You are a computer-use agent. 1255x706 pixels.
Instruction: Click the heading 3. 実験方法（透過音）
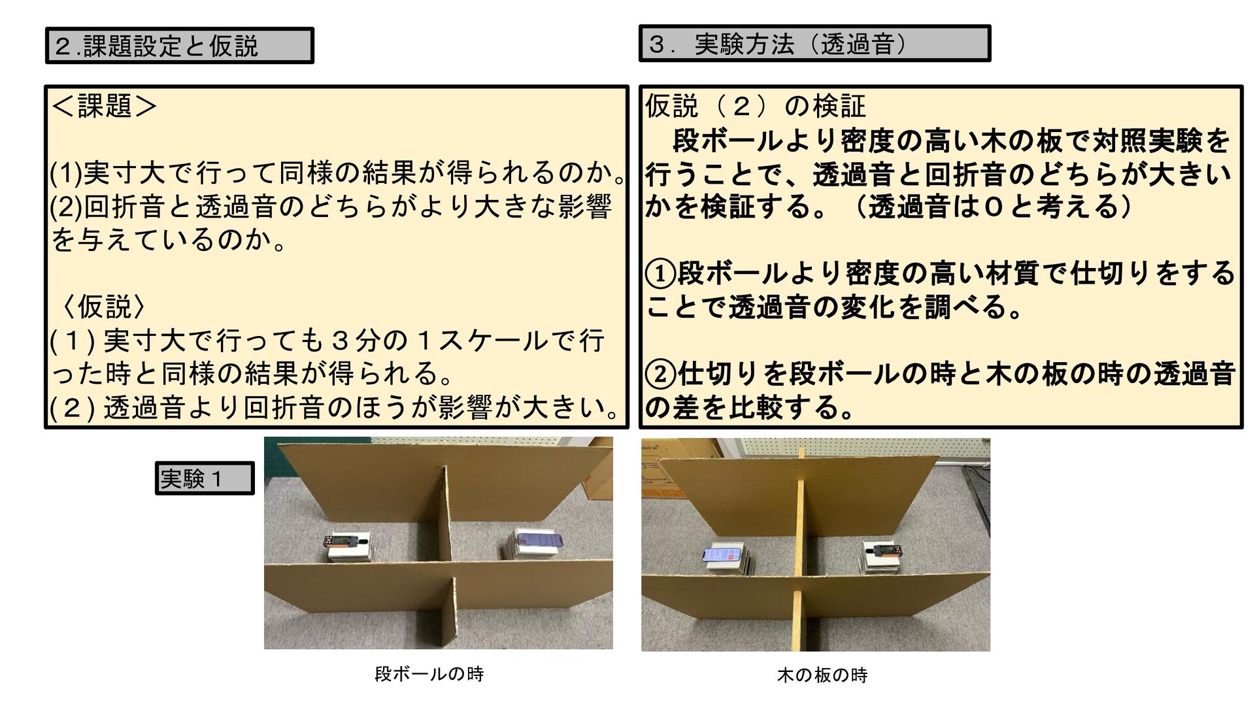(777, 44)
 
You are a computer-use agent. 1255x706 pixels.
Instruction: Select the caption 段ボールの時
(429, 673)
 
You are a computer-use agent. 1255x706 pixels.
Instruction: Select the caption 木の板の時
(822, 675)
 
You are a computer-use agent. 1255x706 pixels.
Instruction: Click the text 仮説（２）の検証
(756, 106)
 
